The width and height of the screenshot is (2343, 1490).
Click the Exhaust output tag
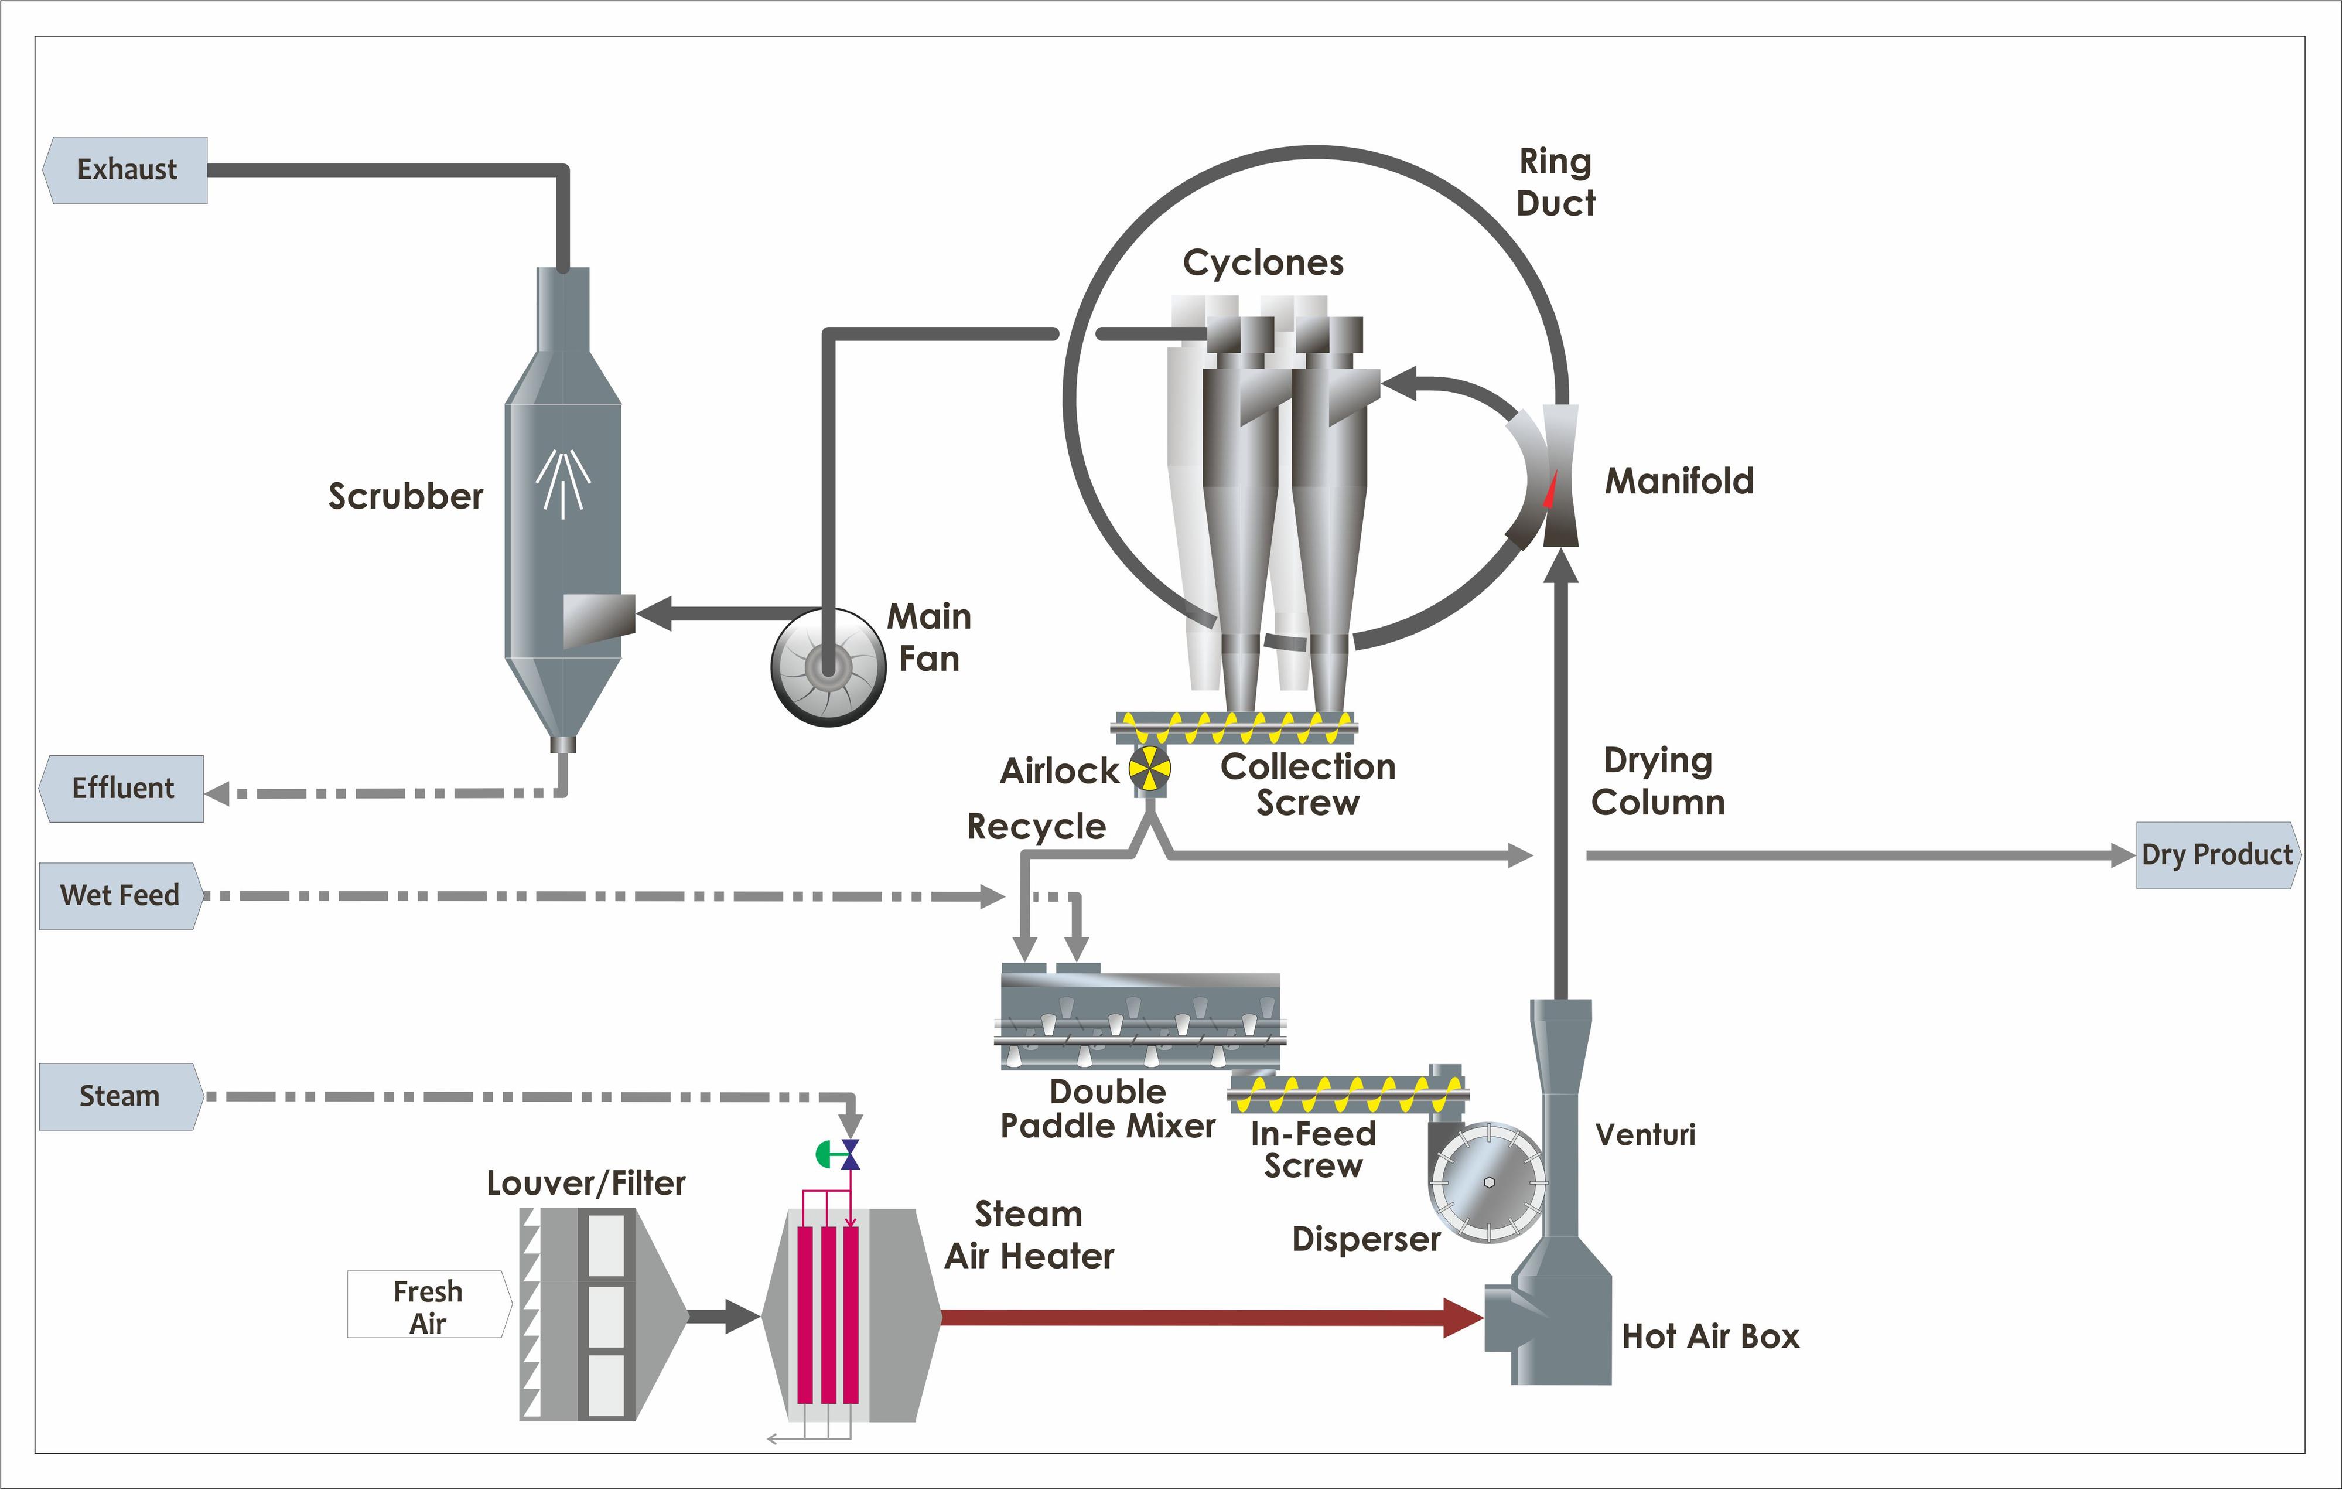[x=125, y=171]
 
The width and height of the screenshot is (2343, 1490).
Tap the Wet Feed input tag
[x=119, y=895]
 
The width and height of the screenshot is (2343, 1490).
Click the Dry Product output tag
[x=2218, y=855]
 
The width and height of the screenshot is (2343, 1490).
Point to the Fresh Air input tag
[x=428, y=1305]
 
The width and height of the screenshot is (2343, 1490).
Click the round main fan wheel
[x=828, y=667]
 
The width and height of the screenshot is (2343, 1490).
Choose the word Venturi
[x=1645, y=1135]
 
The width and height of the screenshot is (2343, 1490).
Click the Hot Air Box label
[x=1710, y=1336]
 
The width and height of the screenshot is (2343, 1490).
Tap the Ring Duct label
[x=1556, y=182]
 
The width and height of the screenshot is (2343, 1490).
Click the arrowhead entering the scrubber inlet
[x=653, y=614]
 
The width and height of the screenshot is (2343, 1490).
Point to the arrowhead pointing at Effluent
[x=217, y=793]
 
